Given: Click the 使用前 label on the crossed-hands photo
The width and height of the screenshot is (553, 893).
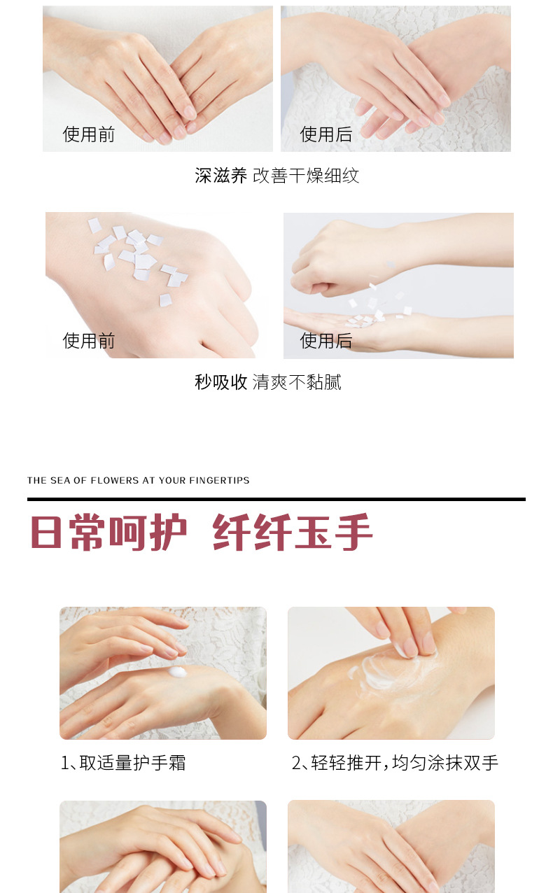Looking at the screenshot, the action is tap(89, 134).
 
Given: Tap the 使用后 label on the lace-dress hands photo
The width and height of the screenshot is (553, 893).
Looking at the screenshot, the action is tap(326, 134).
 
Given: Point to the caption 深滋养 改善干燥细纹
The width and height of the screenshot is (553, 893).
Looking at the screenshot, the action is tap(277, 176).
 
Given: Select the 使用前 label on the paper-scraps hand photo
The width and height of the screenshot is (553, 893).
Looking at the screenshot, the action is tap(89, 341).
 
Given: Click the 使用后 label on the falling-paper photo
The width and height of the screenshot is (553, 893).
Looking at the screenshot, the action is tap(326, 341).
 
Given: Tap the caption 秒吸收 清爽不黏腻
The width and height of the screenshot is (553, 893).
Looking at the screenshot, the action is tap(268, 382).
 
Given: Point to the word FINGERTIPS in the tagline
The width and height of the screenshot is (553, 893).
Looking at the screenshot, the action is tap(219, 480).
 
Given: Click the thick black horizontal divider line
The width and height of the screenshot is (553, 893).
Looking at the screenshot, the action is tap(276, 499).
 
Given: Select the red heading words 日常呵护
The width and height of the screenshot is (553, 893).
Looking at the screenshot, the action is tap(108, 533).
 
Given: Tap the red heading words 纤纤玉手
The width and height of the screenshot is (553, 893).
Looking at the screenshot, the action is tap(293, 533).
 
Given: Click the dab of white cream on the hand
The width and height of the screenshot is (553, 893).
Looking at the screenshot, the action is tap(177, 672).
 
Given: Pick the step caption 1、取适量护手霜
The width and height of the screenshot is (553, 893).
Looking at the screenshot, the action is tap(123, 763).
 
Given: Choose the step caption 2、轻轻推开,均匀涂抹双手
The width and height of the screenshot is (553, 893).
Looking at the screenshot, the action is tap(395, 763).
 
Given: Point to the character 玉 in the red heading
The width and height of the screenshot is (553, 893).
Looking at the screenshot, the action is tap(313, 533).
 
